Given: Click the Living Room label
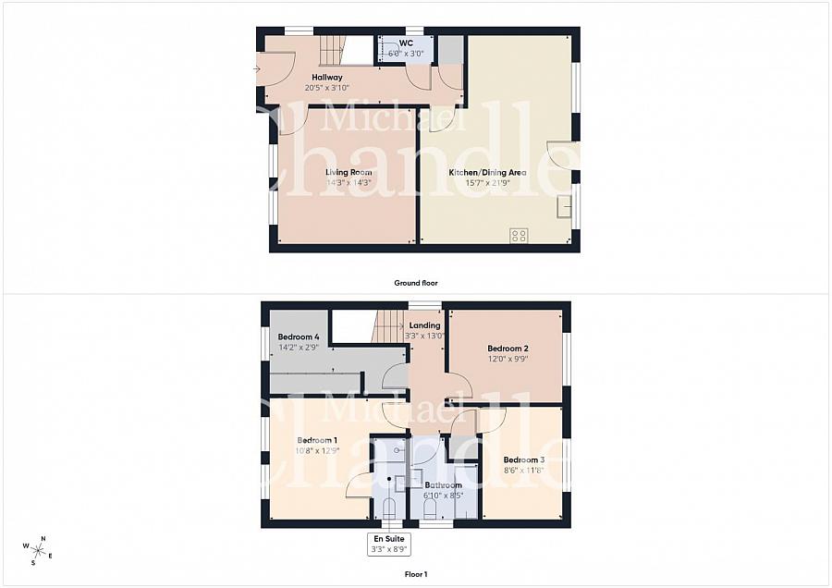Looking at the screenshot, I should pyautogui.click(x=349, y=172).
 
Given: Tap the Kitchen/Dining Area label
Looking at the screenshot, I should pyautogui.click(x=487, y=172).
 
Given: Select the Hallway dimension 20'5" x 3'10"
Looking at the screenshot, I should pyautogui.click(x=327, y=88).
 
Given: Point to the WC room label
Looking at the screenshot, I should pyautogui.click(x=406, y=43).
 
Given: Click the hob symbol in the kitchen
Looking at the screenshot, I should pyautogui.click(x=518, y=235).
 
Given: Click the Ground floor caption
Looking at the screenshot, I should pyautogui.click(x=416, y=283).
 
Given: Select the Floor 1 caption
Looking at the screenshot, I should pyautogui.click(x=416, y=574).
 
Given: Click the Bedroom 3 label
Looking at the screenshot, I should pyautogui.click(x=523, y=459).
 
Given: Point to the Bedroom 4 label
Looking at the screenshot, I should pyautogui.click(x=299, y=337).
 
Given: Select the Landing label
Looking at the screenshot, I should pyautogui.click(x=425, y=325).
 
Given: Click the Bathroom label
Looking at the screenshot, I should pyautogui.click(x=443, y=484).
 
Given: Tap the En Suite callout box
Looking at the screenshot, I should pyautogui.click(x=389, y=544).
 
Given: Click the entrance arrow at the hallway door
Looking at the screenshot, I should pyautogui.click(x=256, y=68).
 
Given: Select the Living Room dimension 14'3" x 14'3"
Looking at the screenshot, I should pyautogui.click(x=349, y=182).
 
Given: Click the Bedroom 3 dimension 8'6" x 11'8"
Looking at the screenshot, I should pyautogui.click(x=523, y=470).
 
